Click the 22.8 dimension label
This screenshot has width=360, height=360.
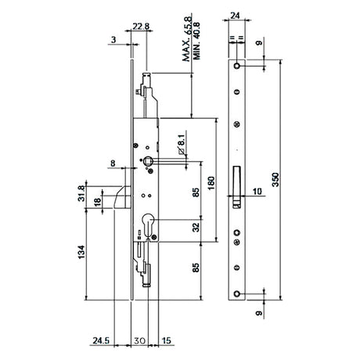(x=141, y=26)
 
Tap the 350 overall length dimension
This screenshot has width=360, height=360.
(x=275, y=179)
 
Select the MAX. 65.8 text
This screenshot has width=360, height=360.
(x=187, y=39)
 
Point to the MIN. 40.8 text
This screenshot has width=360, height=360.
(x=196, y=41)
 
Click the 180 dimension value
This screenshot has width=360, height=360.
(x=211, y=183)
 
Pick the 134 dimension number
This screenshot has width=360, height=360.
(x=81, y=252)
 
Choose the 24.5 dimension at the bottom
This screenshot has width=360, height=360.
(x=101, y=340)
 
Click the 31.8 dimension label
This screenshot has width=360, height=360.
(x=81, y=193)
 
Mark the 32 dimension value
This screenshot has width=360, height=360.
(x=196, y=227)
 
